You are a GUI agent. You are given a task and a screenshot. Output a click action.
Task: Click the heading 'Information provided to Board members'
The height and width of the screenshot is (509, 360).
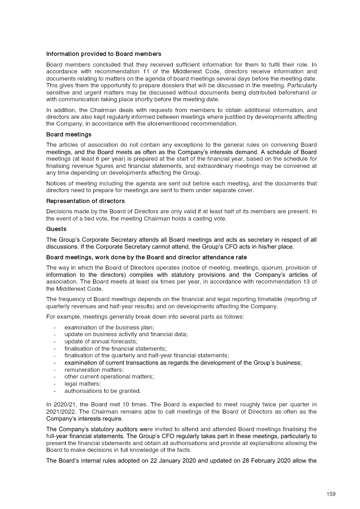click(x=103, y=54)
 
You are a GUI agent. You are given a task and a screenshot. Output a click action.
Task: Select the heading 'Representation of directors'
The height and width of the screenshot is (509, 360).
click(x=85, y=201)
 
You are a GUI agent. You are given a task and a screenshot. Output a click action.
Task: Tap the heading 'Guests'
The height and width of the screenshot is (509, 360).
click(x=56, y=229)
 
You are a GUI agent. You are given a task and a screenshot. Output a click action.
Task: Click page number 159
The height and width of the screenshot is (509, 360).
click(x=331, y=494)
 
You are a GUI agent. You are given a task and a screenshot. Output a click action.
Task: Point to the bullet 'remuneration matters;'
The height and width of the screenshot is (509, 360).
click(x=94, y=369)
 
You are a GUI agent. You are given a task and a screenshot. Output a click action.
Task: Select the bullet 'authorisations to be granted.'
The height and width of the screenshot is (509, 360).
click(x=103, y=391)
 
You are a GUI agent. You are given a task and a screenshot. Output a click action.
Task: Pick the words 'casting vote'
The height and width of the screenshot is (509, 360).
click(x=211, y=219)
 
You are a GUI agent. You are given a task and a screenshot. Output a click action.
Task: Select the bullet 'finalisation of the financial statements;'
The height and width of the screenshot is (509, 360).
click(x=116, y=348)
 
